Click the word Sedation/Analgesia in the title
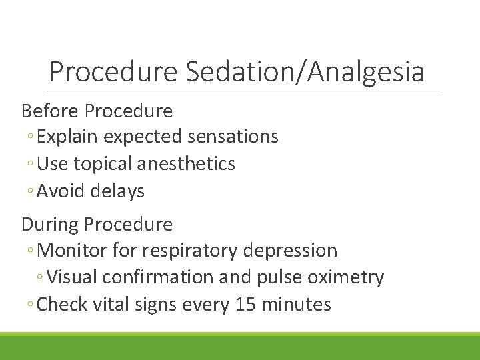305,72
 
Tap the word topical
108,164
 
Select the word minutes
297,305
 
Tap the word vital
111,305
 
